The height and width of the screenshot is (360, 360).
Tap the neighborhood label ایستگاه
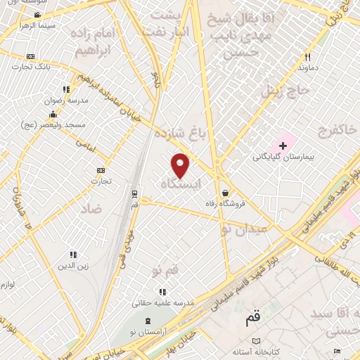coord(181,183)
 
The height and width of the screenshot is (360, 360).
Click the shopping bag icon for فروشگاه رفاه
coord(224,193)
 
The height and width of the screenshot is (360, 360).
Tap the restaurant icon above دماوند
coord(307,58)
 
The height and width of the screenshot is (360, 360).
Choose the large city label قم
coord(251,319)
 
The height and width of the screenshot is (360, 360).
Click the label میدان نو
coord(243,229)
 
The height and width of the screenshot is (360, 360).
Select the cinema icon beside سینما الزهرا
coord(37,14)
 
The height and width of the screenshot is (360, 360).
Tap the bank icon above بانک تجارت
coord(30,56)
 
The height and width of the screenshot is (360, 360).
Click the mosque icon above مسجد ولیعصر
coord(53,115)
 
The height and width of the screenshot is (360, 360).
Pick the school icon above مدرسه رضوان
coord(66,89)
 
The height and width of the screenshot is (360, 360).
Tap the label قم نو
coord(166,269)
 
